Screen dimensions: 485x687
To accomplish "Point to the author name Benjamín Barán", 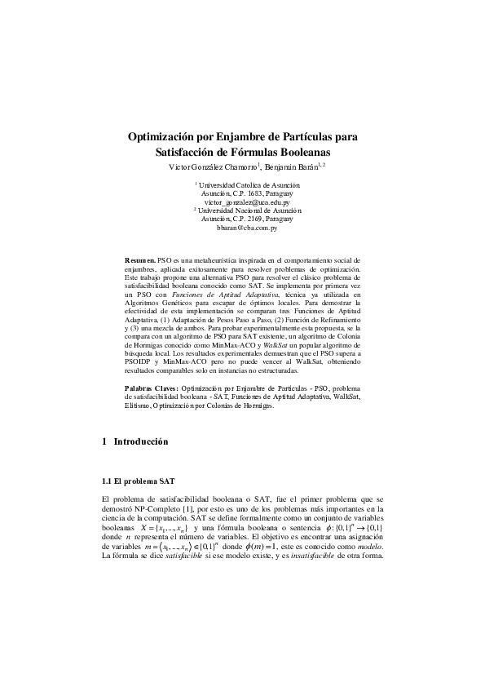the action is coord(292,167).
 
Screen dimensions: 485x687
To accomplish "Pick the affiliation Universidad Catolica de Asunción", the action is coord(249,185).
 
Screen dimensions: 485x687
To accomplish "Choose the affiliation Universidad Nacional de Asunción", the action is coord(249,211).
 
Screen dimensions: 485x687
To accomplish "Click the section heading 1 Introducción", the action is coord(135,442).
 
